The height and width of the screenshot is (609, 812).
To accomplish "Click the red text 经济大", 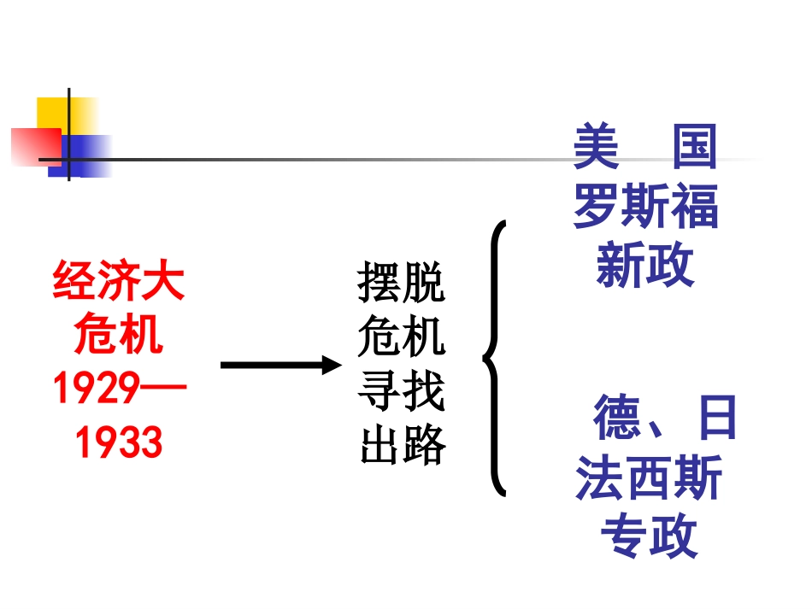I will [x=119, y=282].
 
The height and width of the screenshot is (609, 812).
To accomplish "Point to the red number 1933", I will [x=119, y=443].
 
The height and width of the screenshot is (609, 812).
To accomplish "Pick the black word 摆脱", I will [x=402, y=284].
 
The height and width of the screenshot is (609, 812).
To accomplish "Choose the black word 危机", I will [x=402, y=337].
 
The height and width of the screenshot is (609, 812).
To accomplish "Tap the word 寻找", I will [x=402, y=390].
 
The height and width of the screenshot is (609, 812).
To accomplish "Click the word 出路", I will [x=402, y=444].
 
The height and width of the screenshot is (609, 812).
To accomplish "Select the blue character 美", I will [x=596, y=147].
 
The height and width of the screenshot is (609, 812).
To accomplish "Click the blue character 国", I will [x=693, y=147].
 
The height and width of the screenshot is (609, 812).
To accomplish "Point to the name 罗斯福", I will [x=645, y=207].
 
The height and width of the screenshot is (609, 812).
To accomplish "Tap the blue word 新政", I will [x=645, y=266].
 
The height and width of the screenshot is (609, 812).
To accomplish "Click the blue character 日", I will [x=715, y=418].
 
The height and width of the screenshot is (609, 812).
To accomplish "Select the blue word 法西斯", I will [x=649, y=477].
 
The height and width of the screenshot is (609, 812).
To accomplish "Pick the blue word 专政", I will [x=649, y=536].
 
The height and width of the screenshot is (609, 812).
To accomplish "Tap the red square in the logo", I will [x=34, y=145].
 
